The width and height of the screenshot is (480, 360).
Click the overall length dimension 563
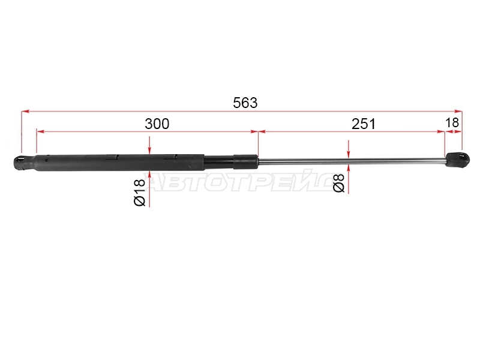coord(245,103)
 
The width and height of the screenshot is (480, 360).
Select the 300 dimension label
coord(157,124)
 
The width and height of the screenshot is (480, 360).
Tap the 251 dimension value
coord(364,124)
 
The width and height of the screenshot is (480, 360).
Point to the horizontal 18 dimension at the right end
coord(452,123)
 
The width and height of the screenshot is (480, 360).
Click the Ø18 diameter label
coord(140,192)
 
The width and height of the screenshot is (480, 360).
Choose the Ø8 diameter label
coord(339,183)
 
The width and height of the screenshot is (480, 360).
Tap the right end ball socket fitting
coord(457,160)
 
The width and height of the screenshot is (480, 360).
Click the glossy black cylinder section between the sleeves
coord(219,161)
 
